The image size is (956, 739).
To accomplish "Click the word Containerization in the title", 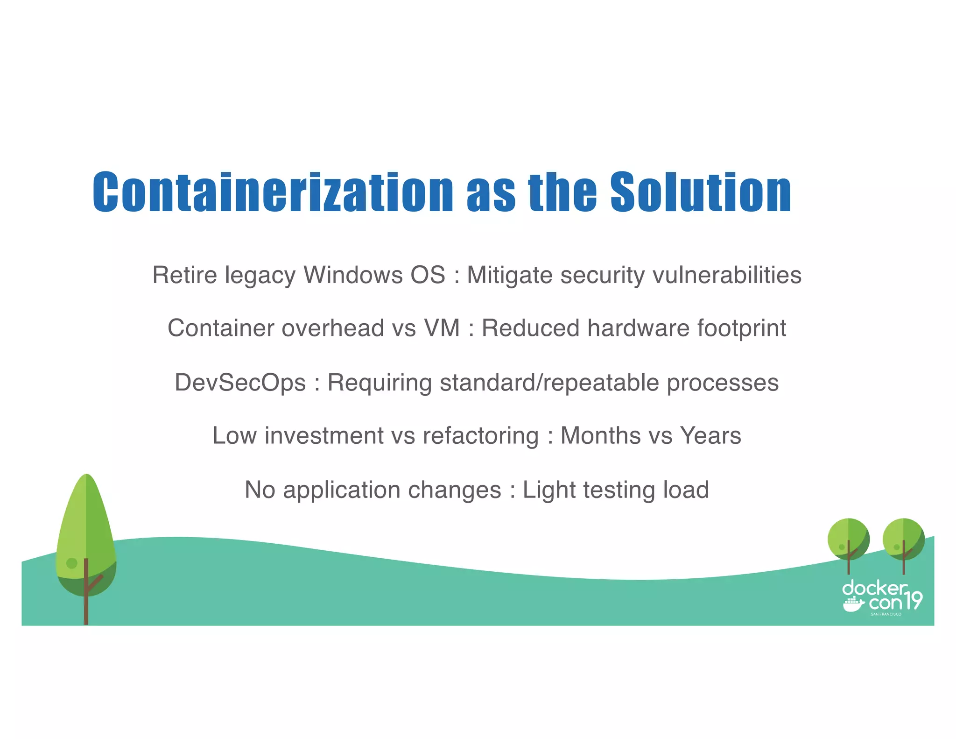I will click(273, 192).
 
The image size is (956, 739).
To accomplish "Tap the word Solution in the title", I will click(701, 192).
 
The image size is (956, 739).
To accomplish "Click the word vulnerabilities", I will click(727, 275).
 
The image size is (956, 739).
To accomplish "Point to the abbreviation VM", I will click(442, 328).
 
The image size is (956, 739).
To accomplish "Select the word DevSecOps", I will click(240, 383).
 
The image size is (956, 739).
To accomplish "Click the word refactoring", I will click(480, 436).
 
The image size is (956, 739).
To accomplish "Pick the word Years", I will click(710, 436).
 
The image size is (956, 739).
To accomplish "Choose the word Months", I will click(600, 436).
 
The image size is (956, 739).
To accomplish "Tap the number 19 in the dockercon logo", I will click(912, 600).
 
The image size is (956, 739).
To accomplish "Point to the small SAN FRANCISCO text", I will click(886, 614).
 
